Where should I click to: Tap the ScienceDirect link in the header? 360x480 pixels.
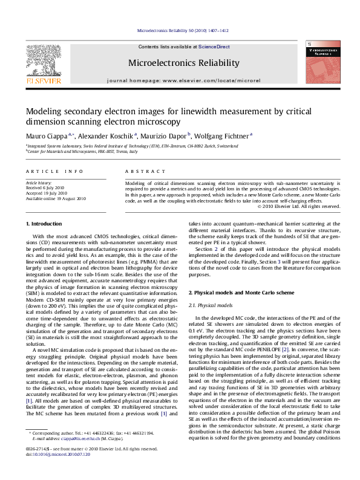coord(214,47)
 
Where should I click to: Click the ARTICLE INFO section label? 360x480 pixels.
coord(54,172)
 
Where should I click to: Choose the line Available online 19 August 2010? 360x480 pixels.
coord(56,198)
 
